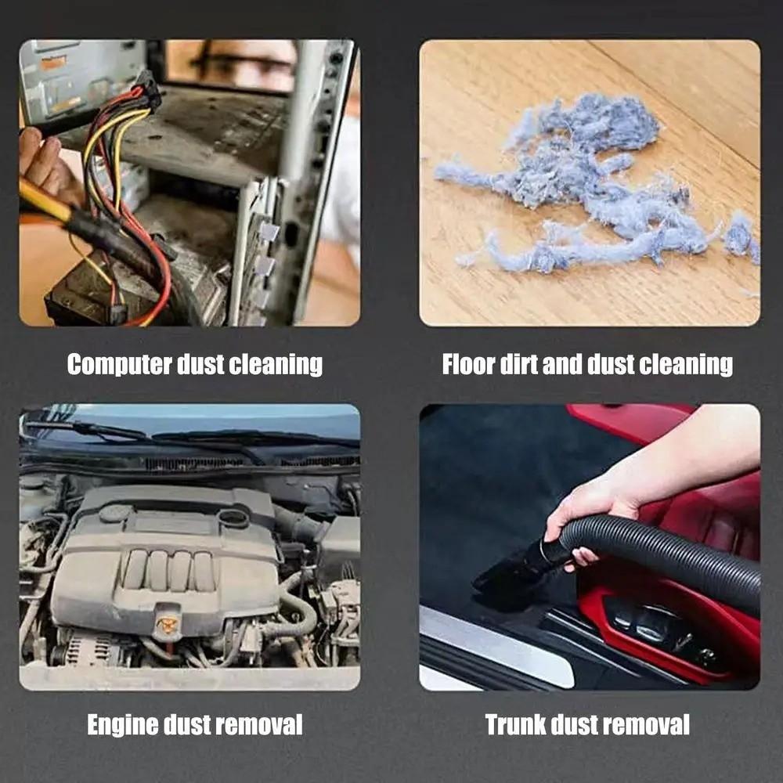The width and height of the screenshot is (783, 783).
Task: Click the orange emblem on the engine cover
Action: click(x=167, y=624)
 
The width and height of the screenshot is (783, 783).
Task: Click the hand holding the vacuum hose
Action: click(x=583, y=513)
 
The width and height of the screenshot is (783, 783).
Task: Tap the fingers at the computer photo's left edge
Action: click(x=39, y=157)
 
